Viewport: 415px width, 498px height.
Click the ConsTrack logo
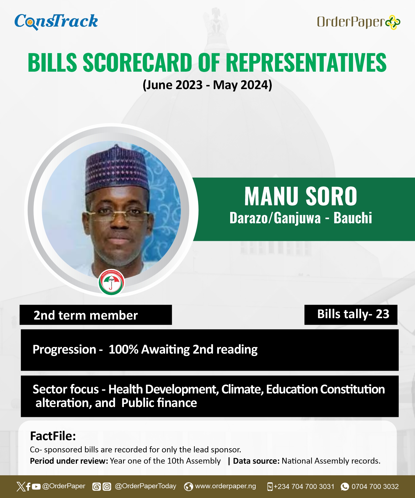[56, 22]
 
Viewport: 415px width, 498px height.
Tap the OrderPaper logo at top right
[359, 22]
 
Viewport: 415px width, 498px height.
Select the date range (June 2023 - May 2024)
[207, 85]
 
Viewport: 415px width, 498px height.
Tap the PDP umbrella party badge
[111, 282]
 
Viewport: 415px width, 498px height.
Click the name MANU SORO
[301, 196]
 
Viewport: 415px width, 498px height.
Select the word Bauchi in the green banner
[353, 218]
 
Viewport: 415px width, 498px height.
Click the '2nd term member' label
[86, 315]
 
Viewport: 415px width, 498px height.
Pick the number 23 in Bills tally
[383, 314]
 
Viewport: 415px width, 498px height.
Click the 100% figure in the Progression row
[123, 349]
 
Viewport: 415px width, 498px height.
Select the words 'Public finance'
[159, 403]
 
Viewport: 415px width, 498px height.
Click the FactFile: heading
[53, 436]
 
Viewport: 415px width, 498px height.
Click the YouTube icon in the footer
[36, 487]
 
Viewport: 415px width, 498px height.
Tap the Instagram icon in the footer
[107, 487]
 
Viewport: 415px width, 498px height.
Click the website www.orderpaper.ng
[225, 486]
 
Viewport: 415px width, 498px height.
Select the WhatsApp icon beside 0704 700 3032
[345, 487]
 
